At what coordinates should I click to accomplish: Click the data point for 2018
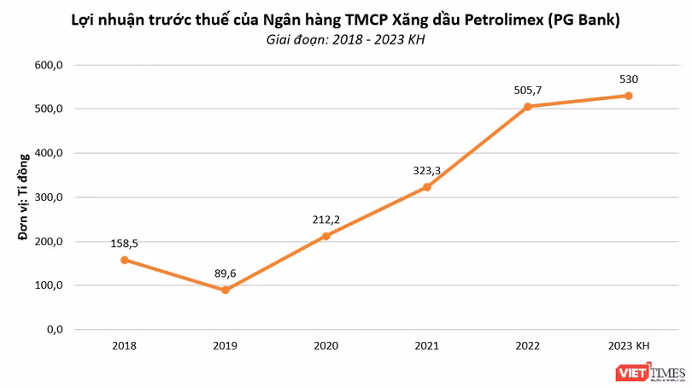[124, 260]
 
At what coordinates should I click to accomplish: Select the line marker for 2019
[225, 290]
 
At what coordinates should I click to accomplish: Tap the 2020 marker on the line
[325, 236]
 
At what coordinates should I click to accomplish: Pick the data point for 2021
[427, 187]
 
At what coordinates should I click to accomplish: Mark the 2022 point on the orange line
[528, 107]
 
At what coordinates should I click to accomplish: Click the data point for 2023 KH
[629, 96]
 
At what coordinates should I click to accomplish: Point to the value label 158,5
[124, 244]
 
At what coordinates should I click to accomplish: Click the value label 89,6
[225, 273]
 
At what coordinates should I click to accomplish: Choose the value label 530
[629, 79]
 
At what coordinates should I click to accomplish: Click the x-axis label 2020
[325, 346]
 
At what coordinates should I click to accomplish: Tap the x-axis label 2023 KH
[629, 346]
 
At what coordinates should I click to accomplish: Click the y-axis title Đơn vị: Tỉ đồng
[25, 197]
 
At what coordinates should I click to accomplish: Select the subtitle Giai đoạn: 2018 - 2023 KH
[346, 39]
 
